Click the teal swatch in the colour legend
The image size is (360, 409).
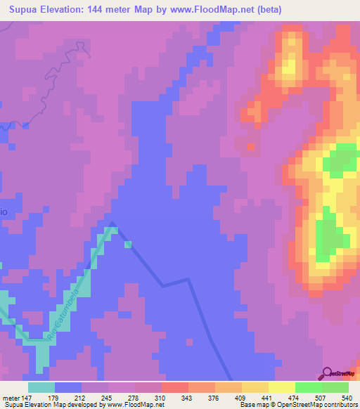point(41,387)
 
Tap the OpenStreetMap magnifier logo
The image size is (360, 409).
point(327,374)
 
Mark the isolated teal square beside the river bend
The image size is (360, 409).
point(127,245)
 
